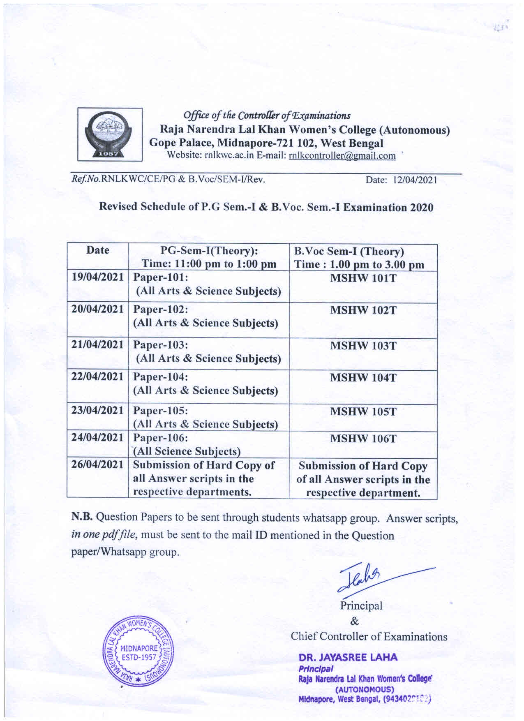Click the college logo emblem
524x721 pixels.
pyautogui.click(x=110, y=134)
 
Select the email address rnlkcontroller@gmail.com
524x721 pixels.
pyautogui.click(x=342, y=156)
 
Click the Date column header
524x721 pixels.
pyautogui.click(x=98, y=250)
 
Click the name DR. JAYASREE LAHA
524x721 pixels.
pyautogui.click(x=348, y=657)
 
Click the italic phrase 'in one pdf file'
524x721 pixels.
pyautogui.click(x=106, y=535)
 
